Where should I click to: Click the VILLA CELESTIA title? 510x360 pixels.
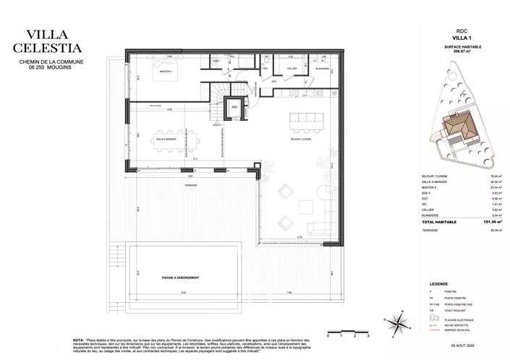point(53,40)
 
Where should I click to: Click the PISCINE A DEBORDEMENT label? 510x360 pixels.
point(180,278)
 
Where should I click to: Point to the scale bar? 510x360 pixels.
point(347,333)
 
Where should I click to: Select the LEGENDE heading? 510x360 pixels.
point(439,284)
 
